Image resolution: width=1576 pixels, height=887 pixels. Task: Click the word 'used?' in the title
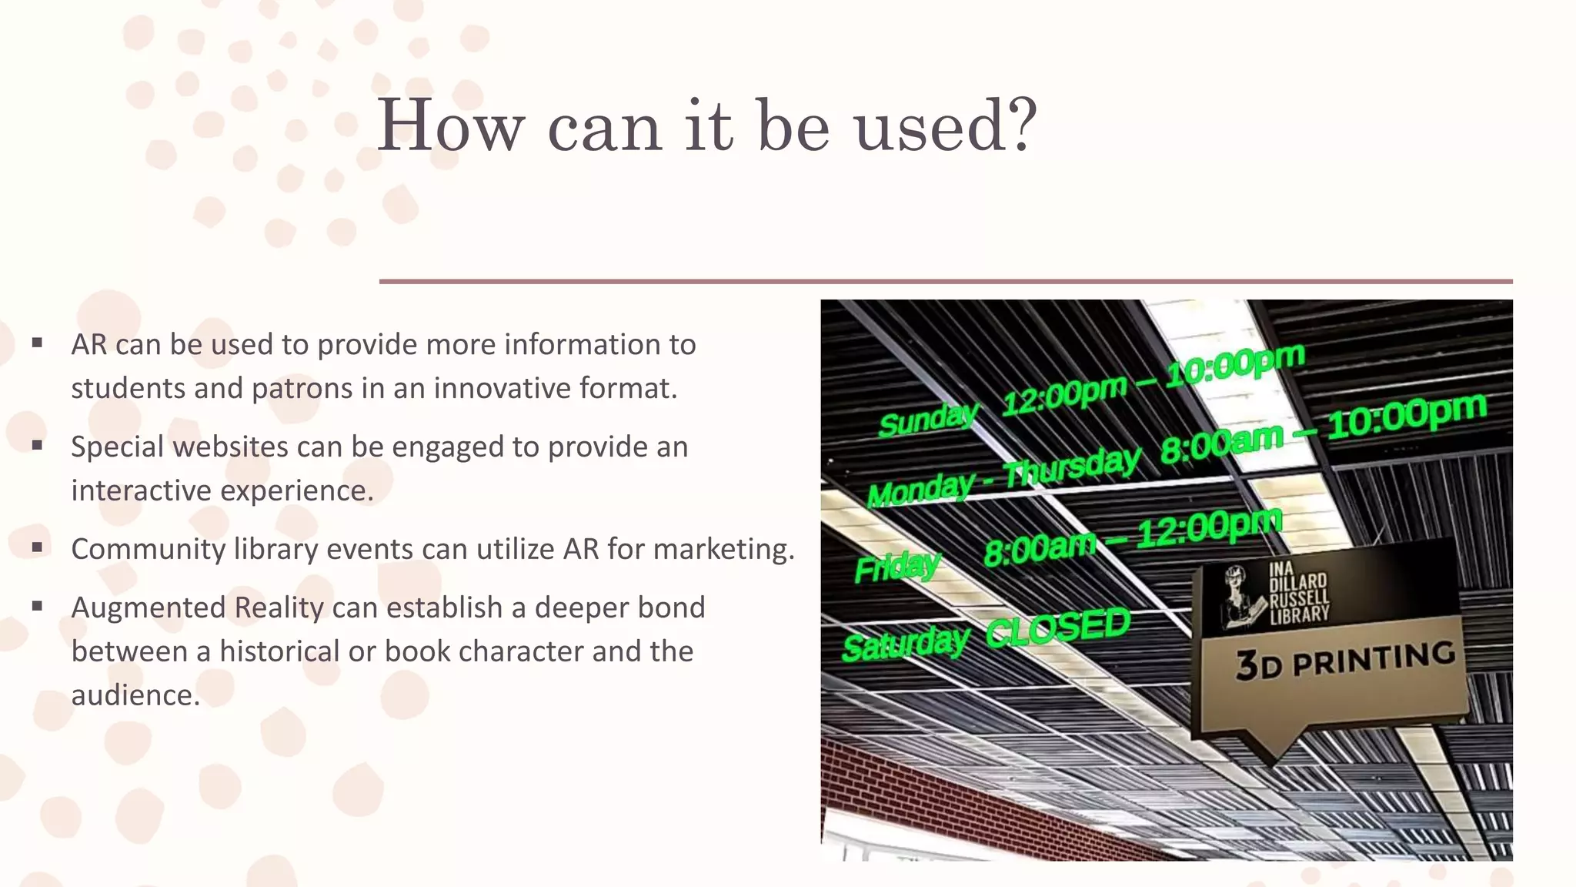pos(946,127)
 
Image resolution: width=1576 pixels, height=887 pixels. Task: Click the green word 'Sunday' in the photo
pos(927,420)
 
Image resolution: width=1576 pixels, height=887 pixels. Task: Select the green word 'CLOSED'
pos(1058,627)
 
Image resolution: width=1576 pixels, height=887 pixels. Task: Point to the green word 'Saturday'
pos(905,644)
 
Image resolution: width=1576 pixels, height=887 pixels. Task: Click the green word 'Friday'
pos(897,567)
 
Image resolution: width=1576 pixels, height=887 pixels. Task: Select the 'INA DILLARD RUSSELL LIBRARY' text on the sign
pos(1299,591)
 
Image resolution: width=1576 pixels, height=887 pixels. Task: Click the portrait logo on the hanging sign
pos(1241,597)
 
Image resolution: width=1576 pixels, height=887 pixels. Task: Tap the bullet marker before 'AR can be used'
pos(37,343)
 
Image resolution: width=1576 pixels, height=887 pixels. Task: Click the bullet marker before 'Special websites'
pos(37,445)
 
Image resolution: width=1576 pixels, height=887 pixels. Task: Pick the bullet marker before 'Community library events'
pos(37,547)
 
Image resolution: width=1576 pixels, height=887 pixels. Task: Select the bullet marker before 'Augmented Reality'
pos(37,606)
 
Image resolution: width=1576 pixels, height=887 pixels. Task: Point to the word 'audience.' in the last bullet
pos(135,695)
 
